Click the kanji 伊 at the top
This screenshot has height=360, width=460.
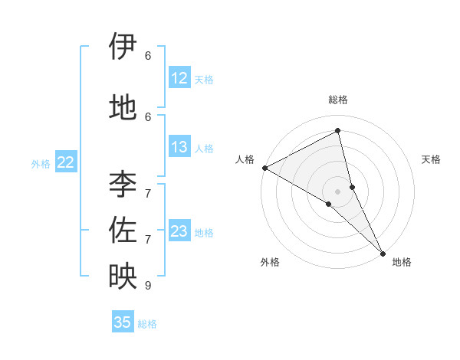click(123, 47)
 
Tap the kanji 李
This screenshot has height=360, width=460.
click(123, 184)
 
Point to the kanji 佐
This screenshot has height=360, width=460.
click(123, 230)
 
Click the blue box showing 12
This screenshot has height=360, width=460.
click(179, 78)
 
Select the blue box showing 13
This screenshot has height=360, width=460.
click(179, 147)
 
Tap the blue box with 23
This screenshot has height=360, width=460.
click(179, 231)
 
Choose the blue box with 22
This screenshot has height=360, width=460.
click(66, 162)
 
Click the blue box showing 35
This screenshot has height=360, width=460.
click(123, 322)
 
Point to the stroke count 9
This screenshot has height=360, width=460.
click(148, 286)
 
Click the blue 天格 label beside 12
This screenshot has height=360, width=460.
click(204, 80)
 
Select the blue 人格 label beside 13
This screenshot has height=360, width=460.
click(204, 149)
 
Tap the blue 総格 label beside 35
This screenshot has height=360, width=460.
click(147, 324)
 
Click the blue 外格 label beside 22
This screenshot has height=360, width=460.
click(41, 164)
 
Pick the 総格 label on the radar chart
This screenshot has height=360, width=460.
click(338, 100)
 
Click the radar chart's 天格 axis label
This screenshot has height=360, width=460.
click(432, 159)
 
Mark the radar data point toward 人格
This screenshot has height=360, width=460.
click(264, 168)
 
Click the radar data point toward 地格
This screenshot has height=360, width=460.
click(383, 252)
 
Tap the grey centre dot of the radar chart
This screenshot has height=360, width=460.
click(338, 191)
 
